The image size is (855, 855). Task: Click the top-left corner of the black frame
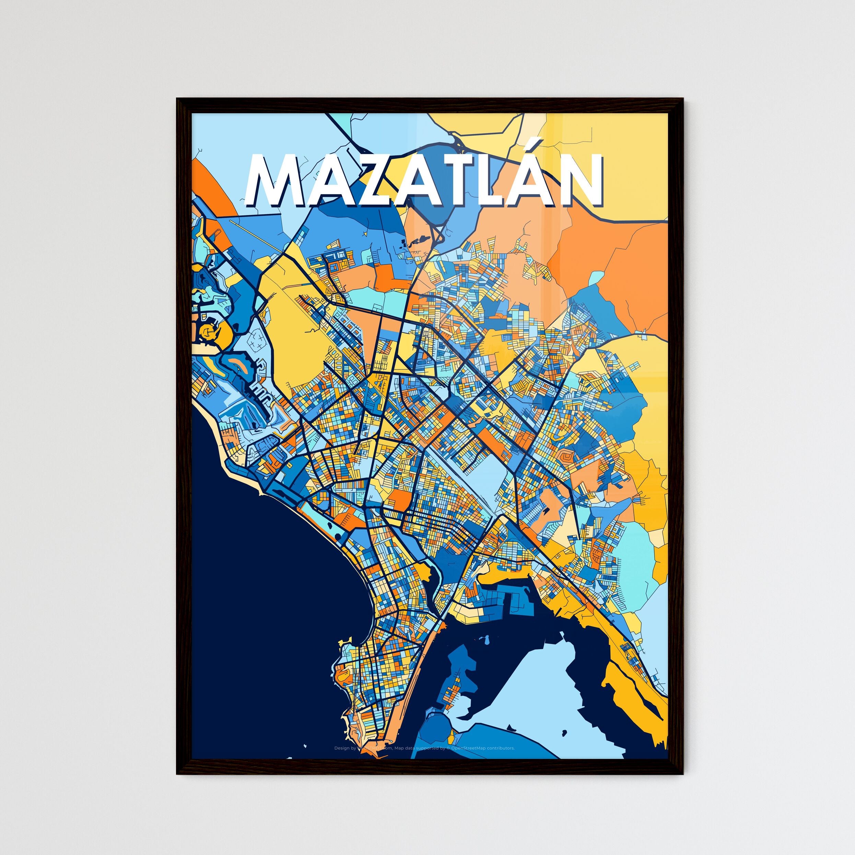click(178, 99)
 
